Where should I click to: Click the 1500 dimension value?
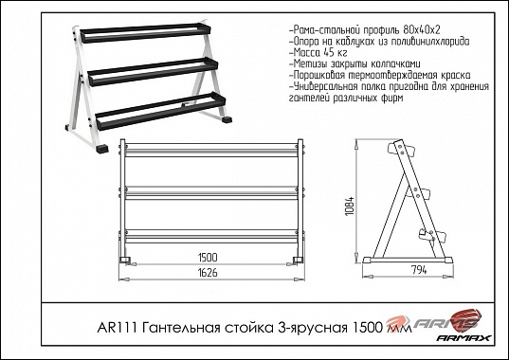pos(208,258)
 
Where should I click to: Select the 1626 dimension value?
pos(208,273)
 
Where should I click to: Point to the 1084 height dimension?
pos(350,207)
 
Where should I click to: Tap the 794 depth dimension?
pos(419,270)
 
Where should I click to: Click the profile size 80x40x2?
pos(422,30)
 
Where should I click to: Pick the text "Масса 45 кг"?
pos(318,52)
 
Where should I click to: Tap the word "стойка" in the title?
pos(248,328)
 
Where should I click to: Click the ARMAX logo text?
pos(464,337)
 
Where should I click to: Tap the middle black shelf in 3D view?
pos(153,71)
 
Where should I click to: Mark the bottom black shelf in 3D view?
pos(161,110)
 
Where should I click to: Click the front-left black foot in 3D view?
pos(103,149)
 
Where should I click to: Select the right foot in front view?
pos(298,260)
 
